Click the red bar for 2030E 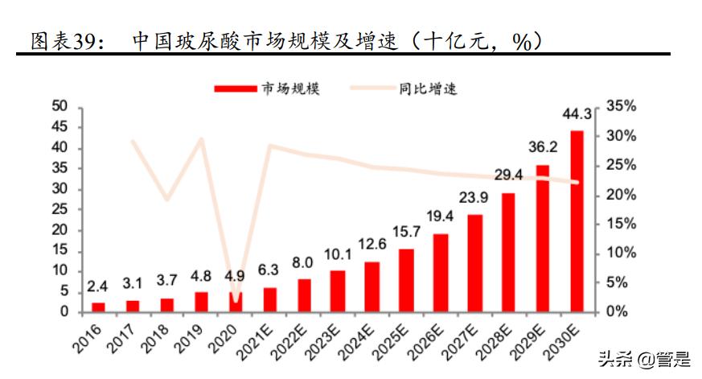(577, 221)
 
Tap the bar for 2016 (98, 307)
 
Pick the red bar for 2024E (372, 286)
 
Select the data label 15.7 (406, 232)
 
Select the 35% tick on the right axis (621, 106)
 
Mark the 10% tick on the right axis (621, 253)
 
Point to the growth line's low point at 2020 (235, 300)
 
